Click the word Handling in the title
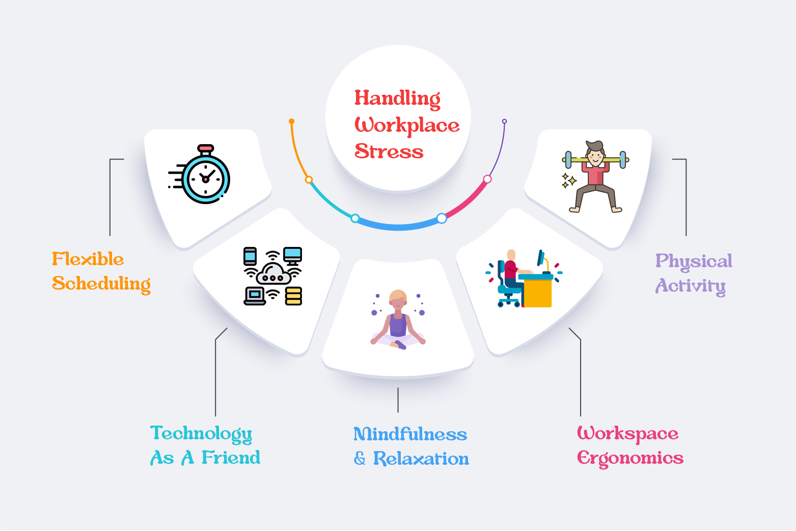397,98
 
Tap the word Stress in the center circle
389,151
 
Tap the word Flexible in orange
88,259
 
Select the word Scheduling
101,284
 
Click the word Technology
201,434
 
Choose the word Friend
231,458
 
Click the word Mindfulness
410,434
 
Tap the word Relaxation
421,459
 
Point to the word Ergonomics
630,458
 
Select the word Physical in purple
694,262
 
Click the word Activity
690,286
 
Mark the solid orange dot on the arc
291,121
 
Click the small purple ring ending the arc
504,121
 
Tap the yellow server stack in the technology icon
293,296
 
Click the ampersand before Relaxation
360,459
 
